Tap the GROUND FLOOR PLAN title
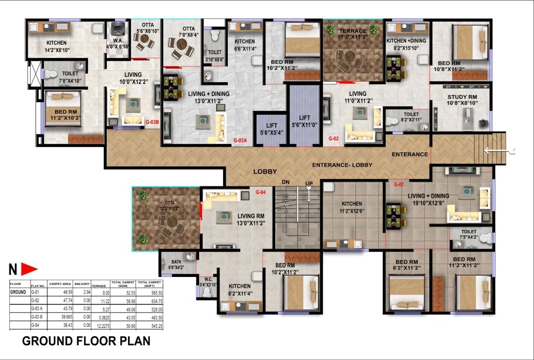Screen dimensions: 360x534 coord(86,341)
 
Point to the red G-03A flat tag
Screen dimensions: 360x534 coord(240,140)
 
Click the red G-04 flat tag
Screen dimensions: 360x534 coord(261,192)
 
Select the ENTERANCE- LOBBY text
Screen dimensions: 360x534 coord(342,165)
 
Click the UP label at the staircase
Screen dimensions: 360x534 coord(310,183)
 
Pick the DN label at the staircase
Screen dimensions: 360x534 coord(285,182)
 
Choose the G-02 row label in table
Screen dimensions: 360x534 coord(35,300)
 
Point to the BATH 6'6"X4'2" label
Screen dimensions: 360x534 coord(177,265)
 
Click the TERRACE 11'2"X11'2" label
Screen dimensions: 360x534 coord(353,34)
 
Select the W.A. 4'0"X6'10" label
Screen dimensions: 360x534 coord(118,44)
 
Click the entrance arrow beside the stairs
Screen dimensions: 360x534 coord(500,150)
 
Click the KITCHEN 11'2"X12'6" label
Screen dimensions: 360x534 coord(352,207)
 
